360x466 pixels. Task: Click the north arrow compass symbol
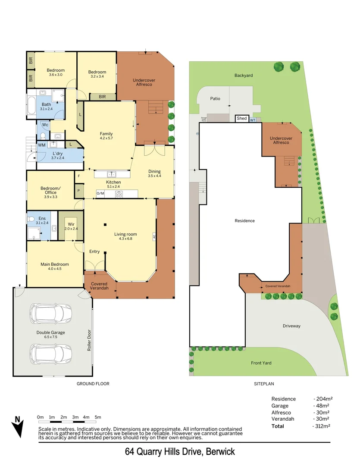click(18, 426)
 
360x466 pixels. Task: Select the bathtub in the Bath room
click(31, 106)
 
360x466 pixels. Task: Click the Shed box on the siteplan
click(241, 118)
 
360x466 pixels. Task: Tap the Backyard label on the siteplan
click(244, 76)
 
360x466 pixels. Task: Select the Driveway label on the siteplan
click(291, 326)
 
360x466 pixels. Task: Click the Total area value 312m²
click(321, 426)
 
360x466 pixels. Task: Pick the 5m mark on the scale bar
click(98, 417)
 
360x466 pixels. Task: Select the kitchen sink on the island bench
click(112, 174)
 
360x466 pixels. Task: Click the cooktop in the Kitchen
click(119, 194)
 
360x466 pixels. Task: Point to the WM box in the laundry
click(42, 145)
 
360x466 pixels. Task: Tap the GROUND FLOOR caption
click(93, 384)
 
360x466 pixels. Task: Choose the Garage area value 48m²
click(321, 406)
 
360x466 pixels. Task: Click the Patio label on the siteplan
click(215, 99)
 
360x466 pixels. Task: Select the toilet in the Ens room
click(31, 219)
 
